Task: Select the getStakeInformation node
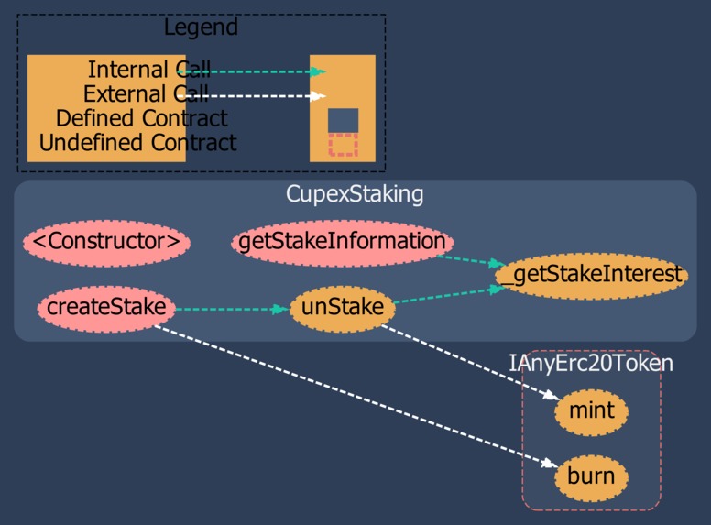pos(343,243)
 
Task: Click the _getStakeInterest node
pos(591,275)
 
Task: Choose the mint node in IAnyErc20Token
pos(591,410)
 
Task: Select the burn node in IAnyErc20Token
pos(591,477)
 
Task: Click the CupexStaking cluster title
pos(355,194)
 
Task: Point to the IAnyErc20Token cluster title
pos(591,364)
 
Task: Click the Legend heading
pos(201,27)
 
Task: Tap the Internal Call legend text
pos(148,70)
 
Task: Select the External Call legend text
pos(146,93)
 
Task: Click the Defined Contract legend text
pos(141,118)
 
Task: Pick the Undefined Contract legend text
pos(137,143)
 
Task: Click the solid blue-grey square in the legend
pos(343,120)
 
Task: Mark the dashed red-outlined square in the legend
pos(343,145)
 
